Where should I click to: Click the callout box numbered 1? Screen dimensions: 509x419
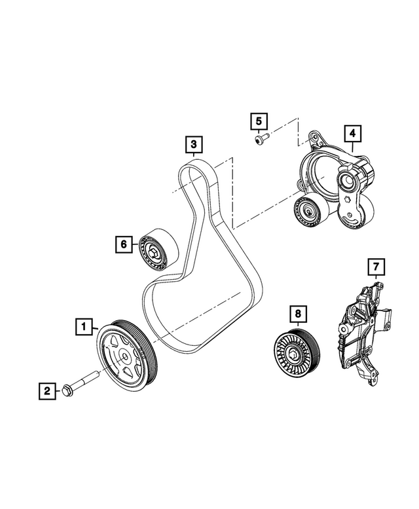[x=83, y=324]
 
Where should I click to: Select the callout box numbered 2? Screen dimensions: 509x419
[x=47, y=392]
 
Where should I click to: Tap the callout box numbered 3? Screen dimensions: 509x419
[x=192, y=143]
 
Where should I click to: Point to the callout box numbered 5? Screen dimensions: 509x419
[x=259, y=121]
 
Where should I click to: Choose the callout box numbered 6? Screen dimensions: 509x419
[x=122, y=244]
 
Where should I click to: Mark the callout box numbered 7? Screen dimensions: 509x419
[x=376, y=267]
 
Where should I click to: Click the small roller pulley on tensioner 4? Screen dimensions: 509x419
[x=306, y=210]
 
